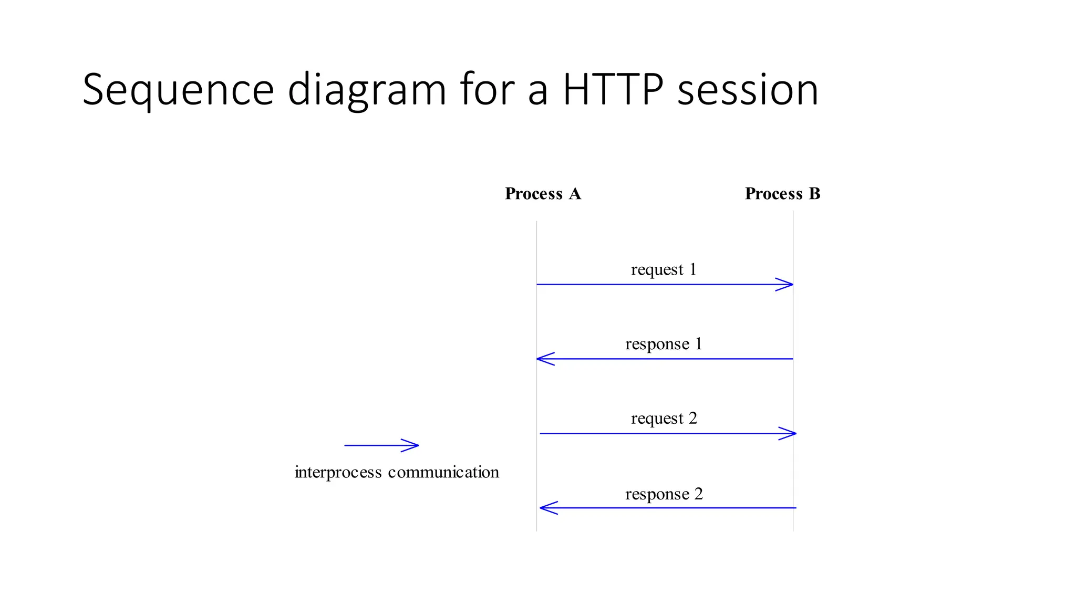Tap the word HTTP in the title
(613, 89)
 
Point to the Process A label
(543, 194)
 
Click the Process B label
(782, 194)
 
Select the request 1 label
(664, 269)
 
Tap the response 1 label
(664, 344)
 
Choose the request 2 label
(664, 419)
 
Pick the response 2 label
(664, 494)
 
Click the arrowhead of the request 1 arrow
(787, 285)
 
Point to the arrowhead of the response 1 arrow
(543, 359)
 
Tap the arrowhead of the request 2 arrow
(790, 433)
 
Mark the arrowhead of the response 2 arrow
(546, 508)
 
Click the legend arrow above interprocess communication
(381, 445)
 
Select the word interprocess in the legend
(338, 472)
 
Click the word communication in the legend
(443, 472)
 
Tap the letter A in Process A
(575, 194)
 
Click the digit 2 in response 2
(698, 494)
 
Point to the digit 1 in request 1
(693, 269)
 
